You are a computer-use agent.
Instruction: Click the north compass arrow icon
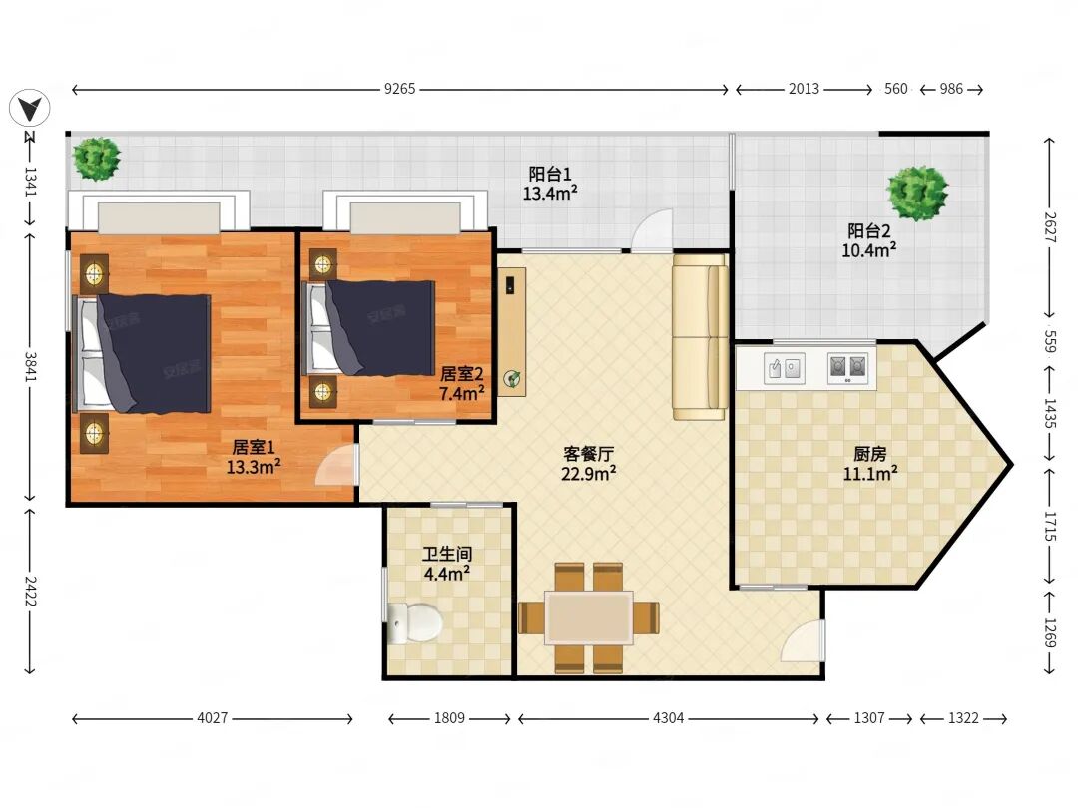(30, 108)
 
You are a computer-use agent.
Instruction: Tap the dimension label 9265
(399, 89)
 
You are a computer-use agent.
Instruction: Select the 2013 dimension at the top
(804, 89)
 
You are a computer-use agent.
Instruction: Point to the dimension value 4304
(668, 718)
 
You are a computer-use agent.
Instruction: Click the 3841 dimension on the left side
(30, 367)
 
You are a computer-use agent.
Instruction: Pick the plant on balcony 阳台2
(917, 194)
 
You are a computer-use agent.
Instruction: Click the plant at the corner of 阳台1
(97, 159)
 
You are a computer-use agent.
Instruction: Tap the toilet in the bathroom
(414, 622)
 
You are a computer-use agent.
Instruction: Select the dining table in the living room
(589, 617)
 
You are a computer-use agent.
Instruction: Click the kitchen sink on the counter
(785, 369)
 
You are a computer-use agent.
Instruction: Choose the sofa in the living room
(700, 337)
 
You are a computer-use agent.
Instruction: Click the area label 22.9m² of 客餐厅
(589, 474)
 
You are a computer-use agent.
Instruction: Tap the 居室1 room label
(254, 447)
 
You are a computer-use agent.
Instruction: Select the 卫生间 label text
(447, 554)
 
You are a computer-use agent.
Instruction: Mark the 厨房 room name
(870, 454)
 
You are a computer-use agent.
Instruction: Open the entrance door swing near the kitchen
(803, 641)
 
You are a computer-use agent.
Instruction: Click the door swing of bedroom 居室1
(337, 465)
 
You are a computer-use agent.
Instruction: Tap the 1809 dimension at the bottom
(449, 718)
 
